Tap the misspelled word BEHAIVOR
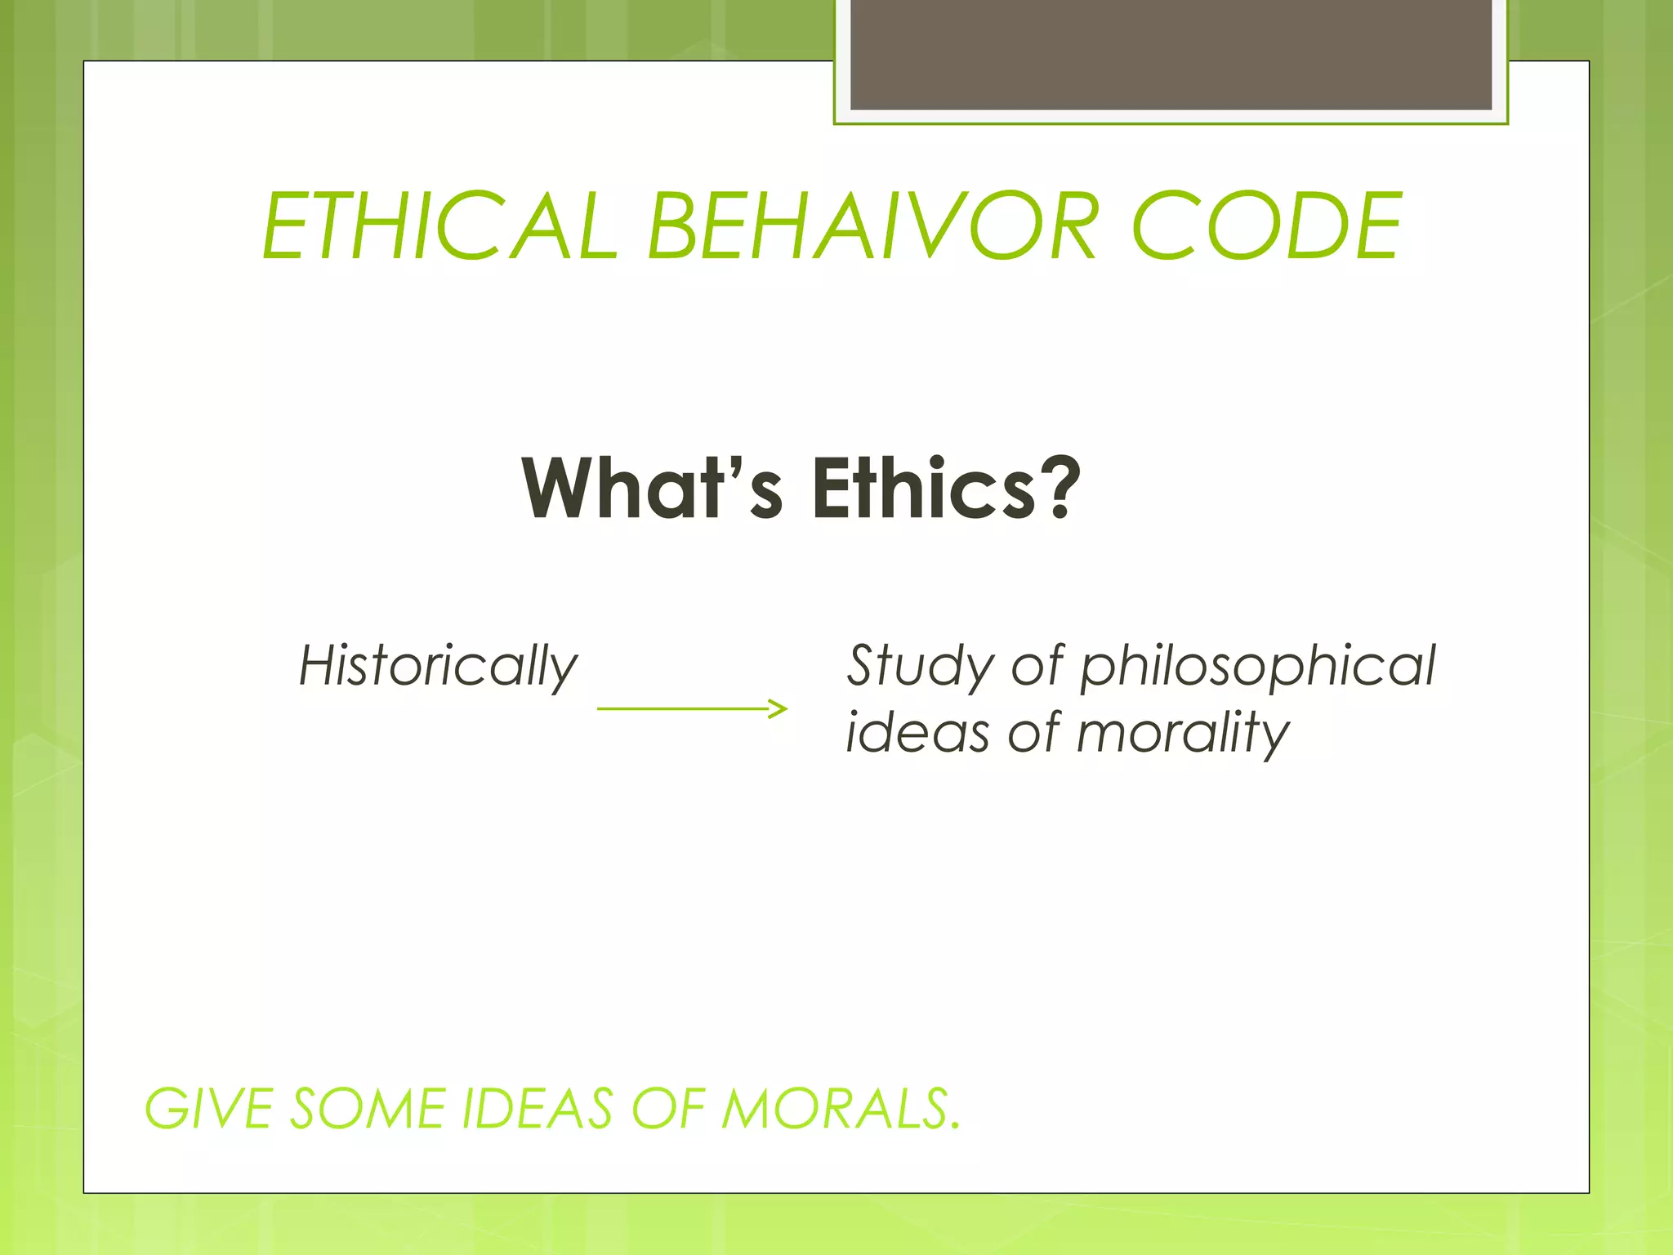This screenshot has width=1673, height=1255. tap(871, 226)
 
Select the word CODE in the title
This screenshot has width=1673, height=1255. tap(1266, 226)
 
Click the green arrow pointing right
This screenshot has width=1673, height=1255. tap(691, 708)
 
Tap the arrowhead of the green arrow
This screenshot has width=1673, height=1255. tap(779, 708)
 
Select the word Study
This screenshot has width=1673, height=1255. tap(919, 666)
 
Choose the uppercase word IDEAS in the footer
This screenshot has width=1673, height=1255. tap(538, 1110)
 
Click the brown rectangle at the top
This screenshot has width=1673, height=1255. tap(1171, 54)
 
